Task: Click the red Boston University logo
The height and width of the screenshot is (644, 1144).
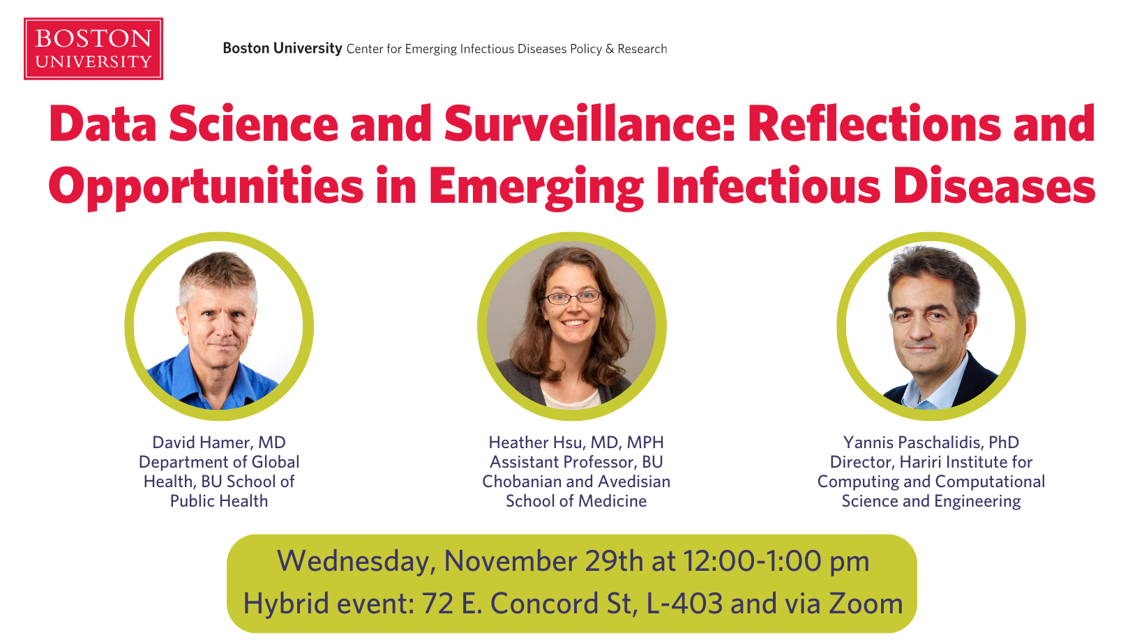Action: point(93,49)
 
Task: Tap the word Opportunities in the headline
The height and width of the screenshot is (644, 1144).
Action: point(206,186)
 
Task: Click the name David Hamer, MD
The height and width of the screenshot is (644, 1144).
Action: point(219,443)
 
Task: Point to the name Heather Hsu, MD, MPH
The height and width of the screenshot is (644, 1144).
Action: point(576,443)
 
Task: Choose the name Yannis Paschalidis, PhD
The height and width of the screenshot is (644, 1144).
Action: point(931,443)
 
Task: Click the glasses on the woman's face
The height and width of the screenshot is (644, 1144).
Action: point(572,297)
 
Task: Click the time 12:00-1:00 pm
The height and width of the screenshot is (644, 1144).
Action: point(776,561)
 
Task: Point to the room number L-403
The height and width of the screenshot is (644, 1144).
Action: point(685,604)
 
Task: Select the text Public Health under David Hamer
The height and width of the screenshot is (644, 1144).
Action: point(219,501)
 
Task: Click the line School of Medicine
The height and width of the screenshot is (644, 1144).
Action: point(576,501)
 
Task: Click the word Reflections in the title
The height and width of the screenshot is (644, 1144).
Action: point(874,123)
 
